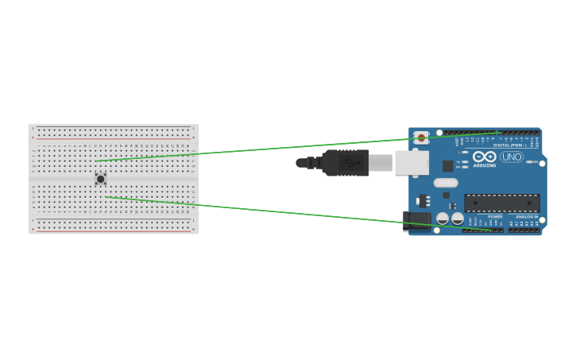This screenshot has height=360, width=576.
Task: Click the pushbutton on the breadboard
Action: pyautogui.click(x=100, y=179)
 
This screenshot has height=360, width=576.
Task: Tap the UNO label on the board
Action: pyautogui.click(x=512, y=157)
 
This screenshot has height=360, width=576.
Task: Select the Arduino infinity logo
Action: pyautogui.click(x=484, y=157)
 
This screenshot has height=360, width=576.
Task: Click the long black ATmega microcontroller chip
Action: pyautogui.click(x=501, y=203)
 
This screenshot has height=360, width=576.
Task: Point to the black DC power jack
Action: pyautogui.click(x=416, y=222)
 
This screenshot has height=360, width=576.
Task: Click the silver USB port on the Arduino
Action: pyautogui.click(x=412, y=163)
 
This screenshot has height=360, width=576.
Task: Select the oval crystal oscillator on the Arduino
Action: pyautogui.click(x=445, y=183)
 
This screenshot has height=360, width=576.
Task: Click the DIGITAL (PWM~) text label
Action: pyautogui.click(x=508, y=145)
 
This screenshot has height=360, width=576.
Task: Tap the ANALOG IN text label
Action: pyautogui.click(x=527, y=216)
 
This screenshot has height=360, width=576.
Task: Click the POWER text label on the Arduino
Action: pyautogui.click(x=495, y=216)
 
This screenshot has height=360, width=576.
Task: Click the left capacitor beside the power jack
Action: pyautogui.click(x=443, y=218)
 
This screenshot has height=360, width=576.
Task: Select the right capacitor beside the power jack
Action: pyautogui.click(x=458, y=218)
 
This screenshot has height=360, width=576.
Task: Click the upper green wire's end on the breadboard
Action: pyautogui.click(x=95, y=161)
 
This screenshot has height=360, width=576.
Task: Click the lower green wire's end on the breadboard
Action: pyautogui.click(x=106, y=197)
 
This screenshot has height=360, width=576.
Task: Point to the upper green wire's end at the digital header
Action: pyautogui.click(x=501, y=133)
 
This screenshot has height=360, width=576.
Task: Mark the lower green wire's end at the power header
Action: pyautogui.click(x=490, y=230)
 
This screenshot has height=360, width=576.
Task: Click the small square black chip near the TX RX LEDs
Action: pyautogui.click(x=447, y=166)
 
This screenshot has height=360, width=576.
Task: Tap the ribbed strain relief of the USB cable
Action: pyautogui.click(x=313, y=163)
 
